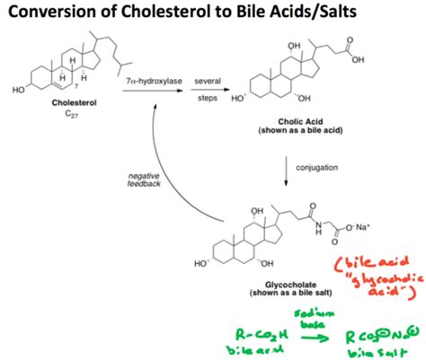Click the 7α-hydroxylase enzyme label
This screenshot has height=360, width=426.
click(155, 82)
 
